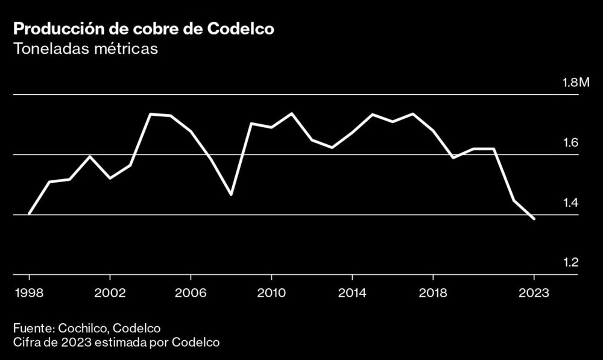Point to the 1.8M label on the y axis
point(575,83)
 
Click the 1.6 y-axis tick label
point(570,143)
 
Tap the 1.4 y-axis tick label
point(570,203)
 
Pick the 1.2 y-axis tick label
point(570,263)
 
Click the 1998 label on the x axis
point(29,293)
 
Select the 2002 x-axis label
point(110,293)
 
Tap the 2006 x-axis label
point(191,293)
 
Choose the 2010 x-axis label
point(271,293)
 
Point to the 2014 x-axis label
point(352,293)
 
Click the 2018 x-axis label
point(433,293)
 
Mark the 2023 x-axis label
point(534,293)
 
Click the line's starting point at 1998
point(29,214)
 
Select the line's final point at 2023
point(534,219)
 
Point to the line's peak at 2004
point(150,114)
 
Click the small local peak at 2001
point(90,157)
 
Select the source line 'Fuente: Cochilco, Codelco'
point(86,329)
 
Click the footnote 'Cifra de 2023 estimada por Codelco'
point(116,343)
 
